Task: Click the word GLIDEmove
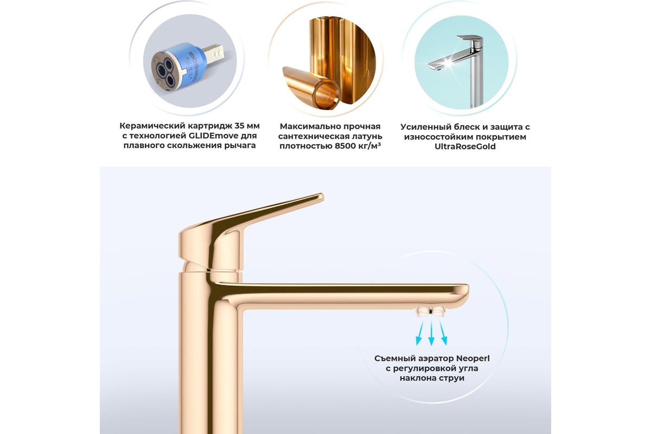pyautogui.click(x=211, y=136)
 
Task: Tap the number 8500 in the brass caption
pyautogui.click(x=345, y=145)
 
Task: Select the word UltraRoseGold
pyautogui.click(x=465, y=146)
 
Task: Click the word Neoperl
pyautogui.click(x=473, y=359)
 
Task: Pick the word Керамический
pyautogui.click(x=152, y=126)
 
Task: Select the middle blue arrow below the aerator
pyautogui.click(x=432, y=333)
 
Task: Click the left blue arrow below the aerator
pyautogui.click(x=419, y=334)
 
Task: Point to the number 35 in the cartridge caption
pyautogui.click(x=240, y=126)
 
